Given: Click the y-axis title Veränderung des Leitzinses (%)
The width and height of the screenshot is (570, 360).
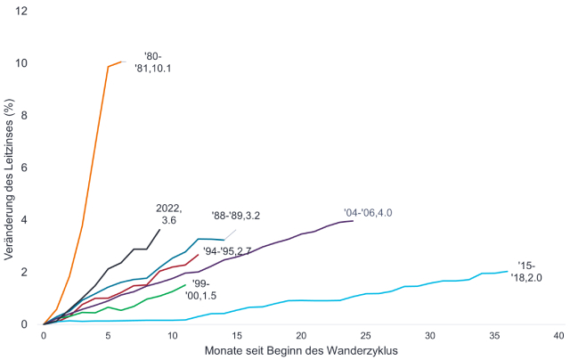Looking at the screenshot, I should [x=10, y=167].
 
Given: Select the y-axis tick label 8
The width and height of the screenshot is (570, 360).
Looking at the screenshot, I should [x=25, y=115].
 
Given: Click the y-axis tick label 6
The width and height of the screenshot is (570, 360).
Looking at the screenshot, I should [x=25, y=168].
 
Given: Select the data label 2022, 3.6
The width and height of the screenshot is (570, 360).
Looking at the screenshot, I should [x=169, y=214].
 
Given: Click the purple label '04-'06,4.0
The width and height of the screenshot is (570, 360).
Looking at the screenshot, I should [x=368, y=213].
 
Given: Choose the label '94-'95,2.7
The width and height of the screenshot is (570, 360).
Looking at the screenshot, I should [x=227, y=251].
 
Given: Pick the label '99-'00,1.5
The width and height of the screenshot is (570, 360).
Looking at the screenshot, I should [x=204, y=289].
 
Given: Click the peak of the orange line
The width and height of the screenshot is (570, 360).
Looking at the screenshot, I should [x=121, y=61].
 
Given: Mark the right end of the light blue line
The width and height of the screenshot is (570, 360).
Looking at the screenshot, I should [x=507, y=271].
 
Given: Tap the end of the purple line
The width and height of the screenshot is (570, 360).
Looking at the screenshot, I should [x=353, y=220].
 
